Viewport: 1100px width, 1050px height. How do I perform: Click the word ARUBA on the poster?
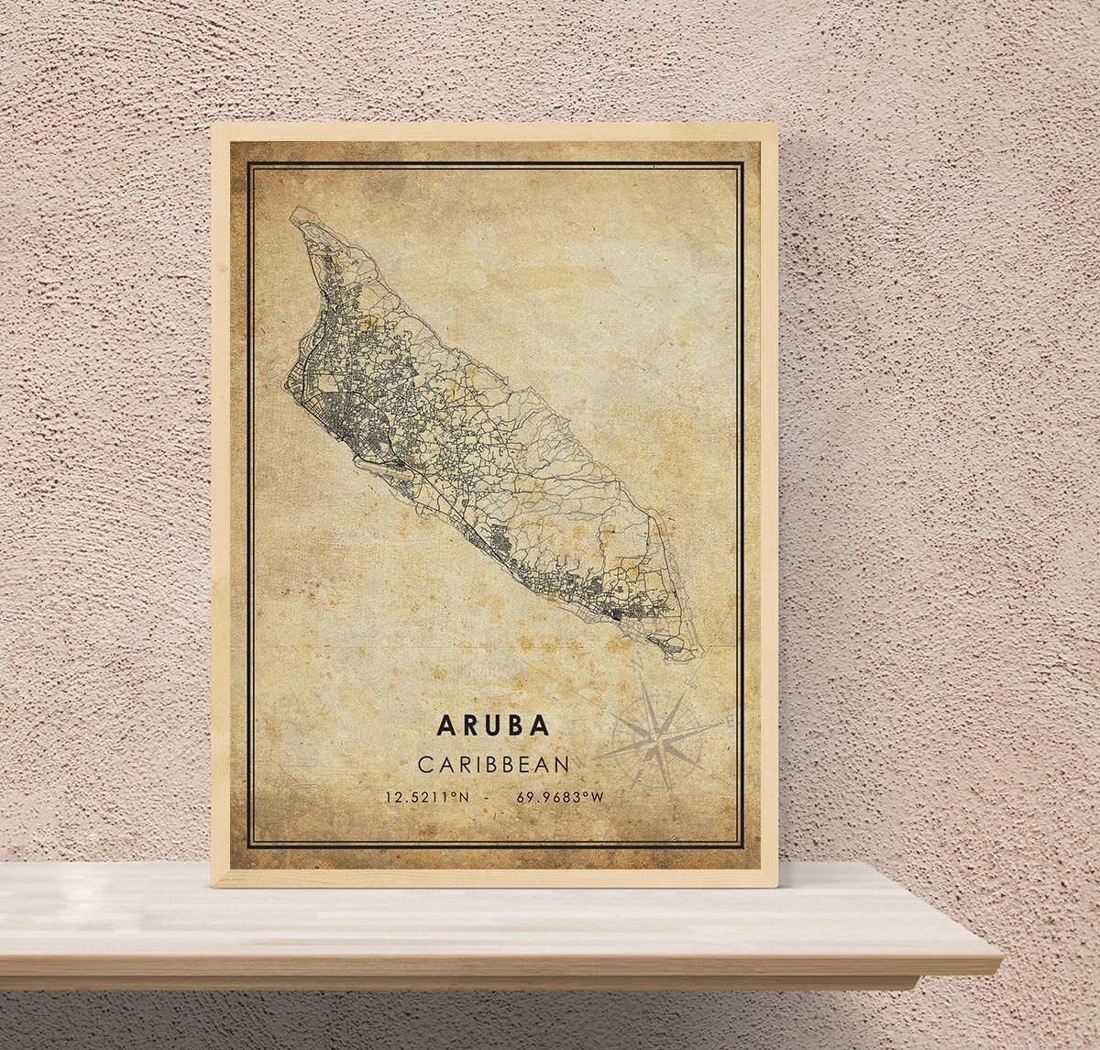coord(494,724)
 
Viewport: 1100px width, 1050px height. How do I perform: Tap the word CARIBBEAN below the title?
coord(494,763)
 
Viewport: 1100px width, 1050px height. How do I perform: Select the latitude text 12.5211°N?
coord(428,797)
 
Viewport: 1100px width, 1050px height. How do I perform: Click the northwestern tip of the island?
coord(292,213)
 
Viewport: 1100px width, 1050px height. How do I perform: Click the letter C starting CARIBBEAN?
coord(423,763)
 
